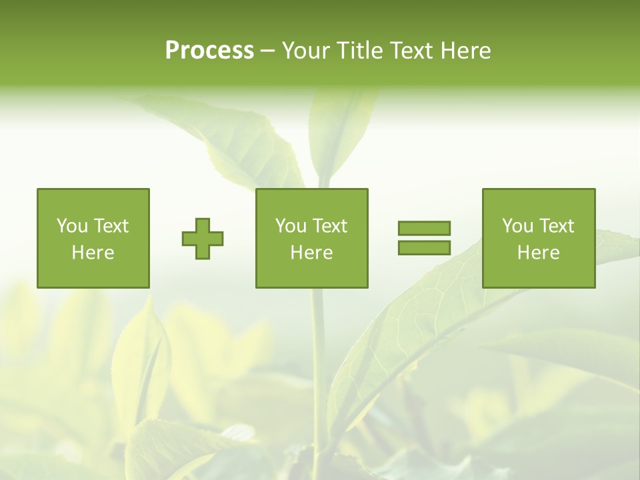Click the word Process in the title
coord(209,51)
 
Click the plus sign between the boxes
coord(203,239)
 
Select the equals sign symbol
coord(424,238)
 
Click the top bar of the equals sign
coord(424,228)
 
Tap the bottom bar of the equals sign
coord(424,248)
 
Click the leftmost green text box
coord(93,238)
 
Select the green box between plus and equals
coord(311,238)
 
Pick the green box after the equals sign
coord(538,238)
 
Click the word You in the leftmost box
coord(72,226)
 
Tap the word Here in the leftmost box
coord(93,253)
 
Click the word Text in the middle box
coord(330,226)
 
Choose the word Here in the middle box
coord(311,253)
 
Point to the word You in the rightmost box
coord(517,226)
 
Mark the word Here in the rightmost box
coord(538,253)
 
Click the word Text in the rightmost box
coord(557,226)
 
